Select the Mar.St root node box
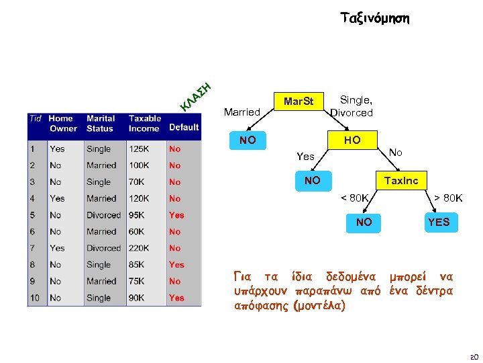tap(299, 102)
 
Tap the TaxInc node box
tap(401, 180)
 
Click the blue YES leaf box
tap(439, 222)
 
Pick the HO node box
tap(352, 140)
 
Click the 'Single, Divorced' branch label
tap(352, 106)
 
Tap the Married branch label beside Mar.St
tap(241, 112)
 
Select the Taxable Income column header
tap(145, 123)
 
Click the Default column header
tap(184, 127)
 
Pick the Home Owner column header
tap(63, 123)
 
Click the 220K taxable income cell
tap(140, 248)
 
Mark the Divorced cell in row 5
tap(103, 215)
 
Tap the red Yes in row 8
tap(176, 265)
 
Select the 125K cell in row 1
tap(140, 149)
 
